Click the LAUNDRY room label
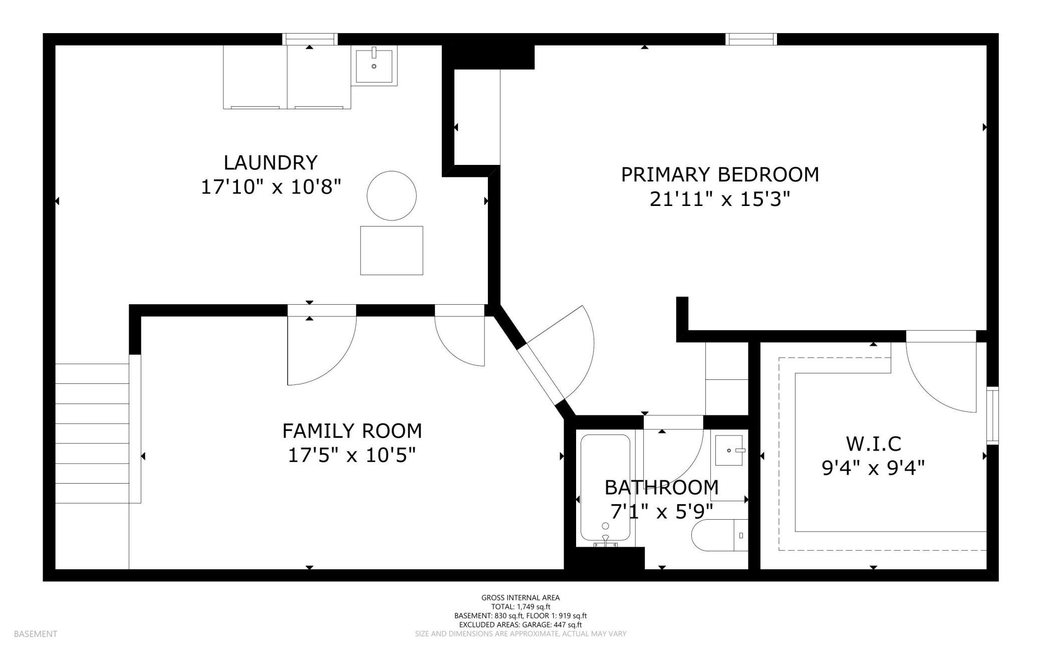point(271,163)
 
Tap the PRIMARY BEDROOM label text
point(720,174)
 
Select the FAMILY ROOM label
point(352,431)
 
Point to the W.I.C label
point(873,444)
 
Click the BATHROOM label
point(661,487)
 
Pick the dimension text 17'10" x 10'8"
point(271,187)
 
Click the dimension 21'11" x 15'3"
point(720,199)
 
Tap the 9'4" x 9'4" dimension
point(873,468)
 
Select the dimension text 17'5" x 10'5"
point(352,456)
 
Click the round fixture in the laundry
point(392,195)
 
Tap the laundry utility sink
point(374,65)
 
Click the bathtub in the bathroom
point(605,490)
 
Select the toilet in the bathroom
point(720,535)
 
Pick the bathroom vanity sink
point(729,451)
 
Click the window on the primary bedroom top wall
point(751,39)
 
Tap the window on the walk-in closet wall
point(992,415)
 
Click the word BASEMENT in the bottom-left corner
point(36,634)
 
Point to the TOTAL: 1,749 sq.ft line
point(520,606)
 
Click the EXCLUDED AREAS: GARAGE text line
point(520,624)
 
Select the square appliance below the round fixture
point(392,251)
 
